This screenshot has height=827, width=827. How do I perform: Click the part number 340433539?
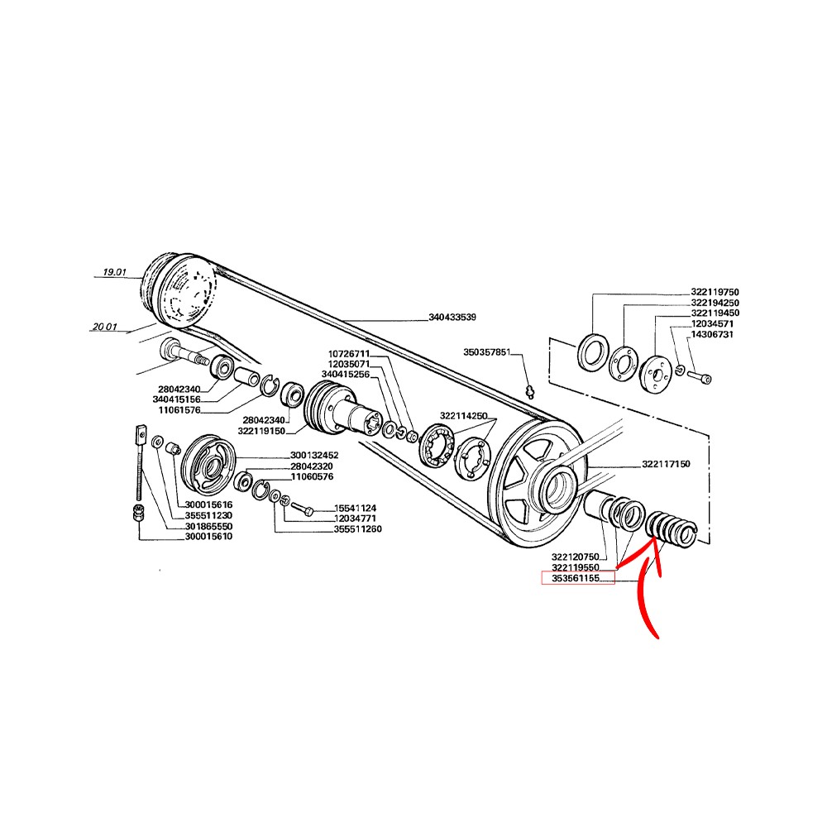[452, 317]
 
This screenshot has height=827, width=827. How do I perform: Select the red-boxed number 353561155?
[576, 579]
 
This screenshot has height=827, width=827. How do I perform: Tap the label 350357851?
[487, 351]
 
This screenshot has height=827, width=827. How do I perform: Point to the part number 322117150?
[666, 464]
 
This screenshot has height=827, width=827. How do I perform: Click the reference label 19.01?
[114, 272]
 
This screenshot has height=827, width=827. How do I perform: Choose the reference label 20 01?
[104, 327]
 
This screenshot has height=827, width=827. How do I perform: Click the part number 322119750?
[715, 292]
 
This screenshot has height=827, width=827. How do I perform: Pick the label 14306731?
[712, 334]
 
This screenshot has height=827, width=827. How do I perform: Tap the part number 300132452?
[314, 455]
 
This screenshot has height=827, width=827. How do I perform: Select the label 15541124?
[355, 509]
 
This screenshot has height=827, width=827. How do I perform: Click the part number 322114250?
[464, 416]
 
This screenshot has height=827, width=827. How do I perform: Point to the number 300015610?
[208, 537]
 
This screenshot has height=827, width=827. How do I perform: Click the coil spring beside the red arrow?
[672, 528]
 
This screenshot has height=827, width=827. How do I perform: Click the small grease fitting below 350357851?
[531, 392]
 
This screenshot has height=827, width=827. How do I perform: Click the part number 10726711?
[349, 353]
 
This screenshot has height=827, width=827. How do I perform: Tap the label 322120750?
[576, 557]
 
